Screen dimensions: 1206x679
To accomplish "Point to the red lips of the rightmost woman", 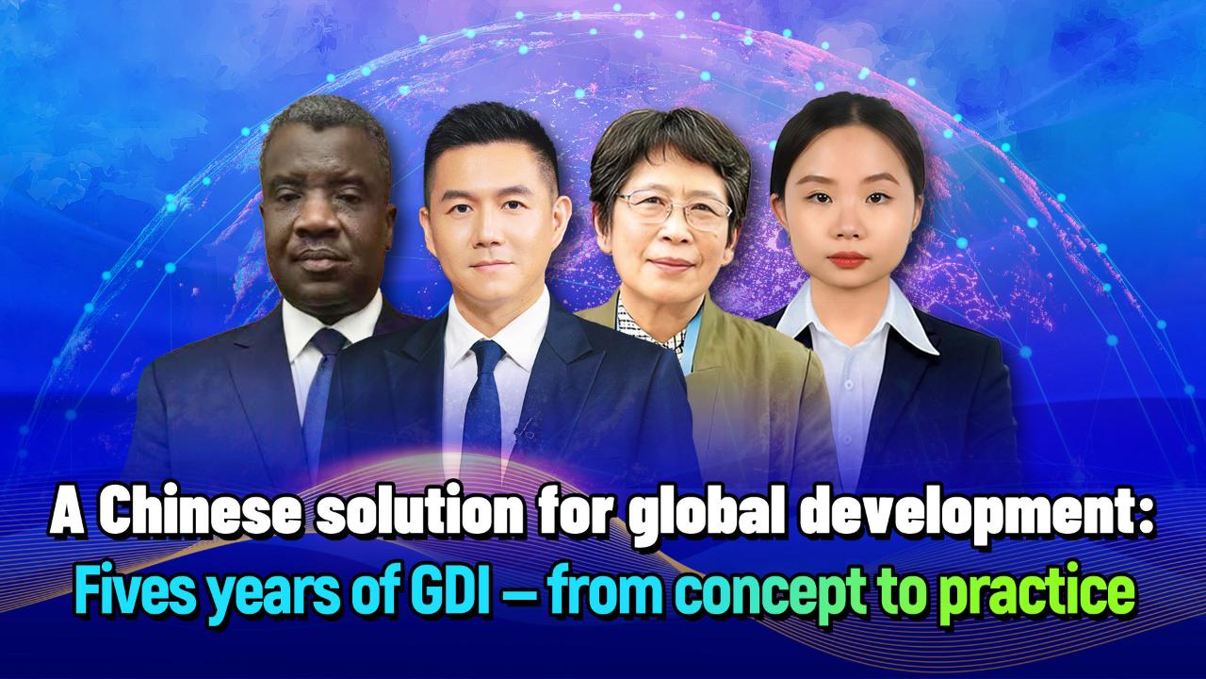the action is pos(849,259).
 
